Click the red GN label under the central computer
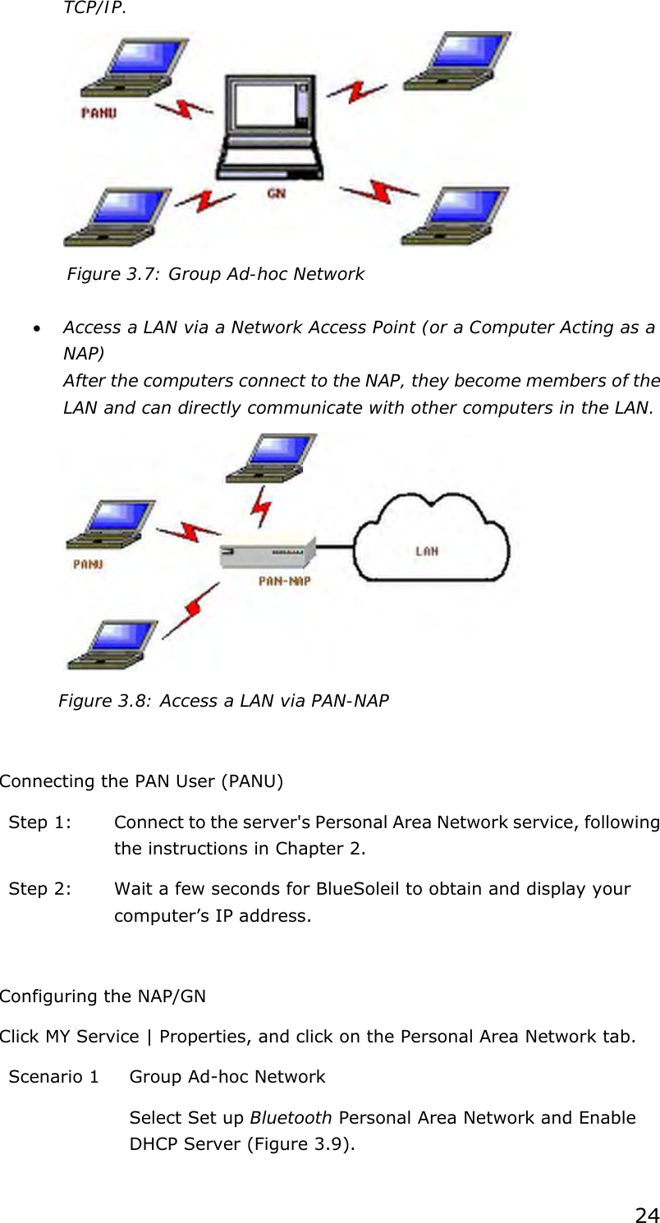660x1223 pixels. [x=276, y=194]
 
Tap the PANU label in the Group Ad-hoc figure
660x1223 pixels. [x=99, y=112]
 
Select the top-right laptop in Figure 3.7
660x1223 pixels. [x=456, y=62]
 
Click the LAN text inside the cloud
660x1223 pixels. [x=426, y=551]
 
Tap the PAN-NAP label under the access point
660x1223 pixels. [x=284, y=581]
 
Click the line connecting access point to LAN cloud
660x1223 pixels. [x=335, y=546]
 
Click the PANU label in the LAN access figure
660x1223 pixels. [x=89, y=564]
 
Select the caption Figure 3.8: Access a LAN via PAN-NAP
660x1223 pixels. [x=223, y=701]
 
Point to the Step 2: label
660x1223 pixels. [x=39, y=889]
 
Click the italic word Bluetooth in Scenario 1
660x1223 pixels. [x=291, y=1118]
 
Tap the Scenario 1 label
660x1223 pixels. [x=53, y=1076]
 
